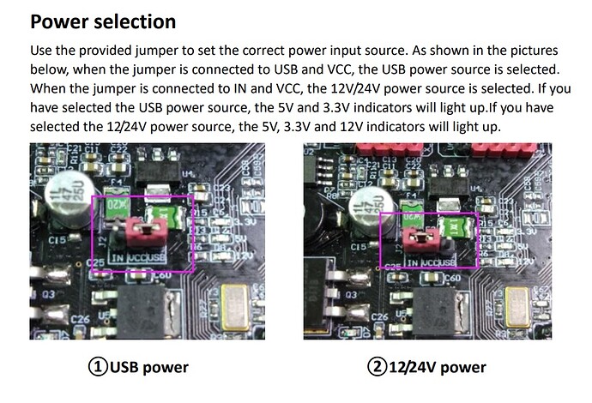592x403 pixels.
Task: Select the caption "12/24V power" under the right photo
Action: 438,367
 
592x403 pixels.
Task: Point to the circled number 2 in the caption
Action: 378,367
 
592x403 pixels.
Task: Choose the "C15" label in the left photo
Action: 57,241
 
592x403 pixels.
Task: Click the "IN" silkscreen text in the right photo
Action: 414,262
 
